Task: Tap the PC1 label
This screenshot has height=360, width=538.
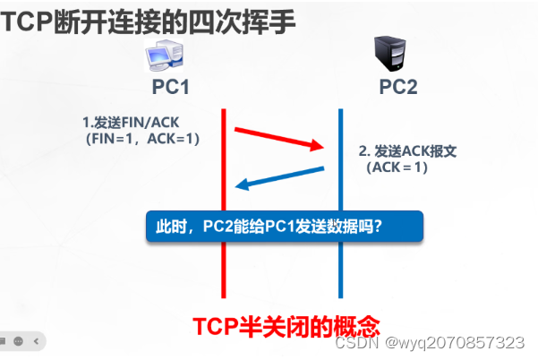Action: (170, 88)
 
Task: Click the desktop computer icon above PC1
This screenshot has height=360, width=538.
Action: (165, 57)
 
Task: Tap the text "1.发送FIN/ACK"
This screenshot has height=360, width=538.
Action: (126, 122)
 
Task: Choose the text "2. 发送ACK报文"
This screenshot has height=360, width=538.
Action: (407, 151)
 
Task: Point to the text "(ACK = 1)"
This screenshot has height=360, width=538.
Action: (397, 167)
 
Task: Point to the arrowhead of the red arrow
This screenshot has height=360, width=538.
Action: (318, 146)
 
